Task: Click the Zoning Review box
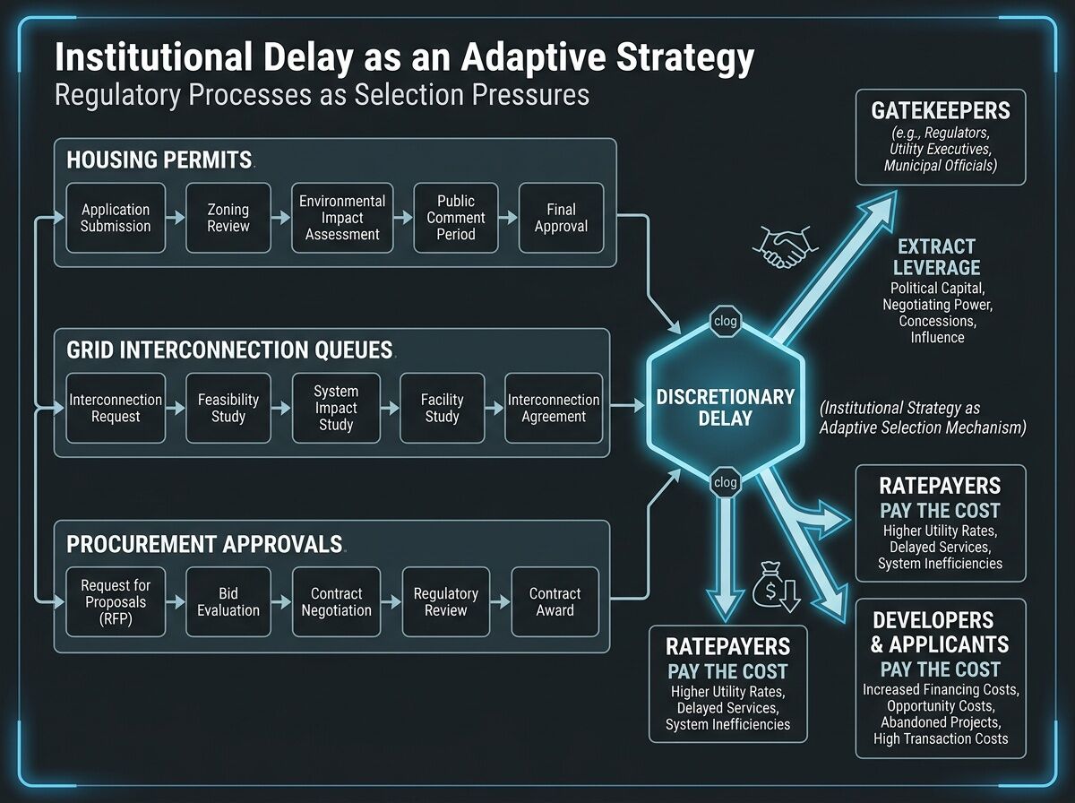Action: pyautogui.click(x=228, y=218)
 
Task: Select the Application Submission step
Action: pyautogui.click(x=116, y=218)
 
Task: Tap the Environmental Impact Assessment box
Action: pyautogui.click(x=342, y=218)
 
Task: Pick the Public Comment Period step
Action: pyautogui.click(x=455, y=218)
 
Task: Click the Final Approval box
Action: pyautogui.click(x=561, y=218)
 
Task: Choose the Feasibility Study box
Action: pyautogui.click(x=228, y=409)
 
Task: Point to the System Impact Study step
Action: pyautogui.click(x=336, y=409)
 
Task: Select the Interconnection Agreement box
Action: pyautogui.click(x=554, y=409)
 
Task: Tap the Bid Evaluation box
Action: pyautogui.click(x=228, y=602)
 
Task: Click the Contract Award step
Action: pyautogui.click(x=555, y=602)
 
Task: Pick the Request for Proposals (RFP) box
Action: pyautogui.click(x=116, y=602)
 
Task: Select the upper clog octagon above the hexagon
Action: pyautogui.click(x=725, y=319)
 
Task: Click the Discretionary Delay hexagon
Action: pyautogui.click(x=725, y=408)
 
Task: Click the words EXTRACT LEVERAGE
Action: pyautogui.click(x=936, y=256)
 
